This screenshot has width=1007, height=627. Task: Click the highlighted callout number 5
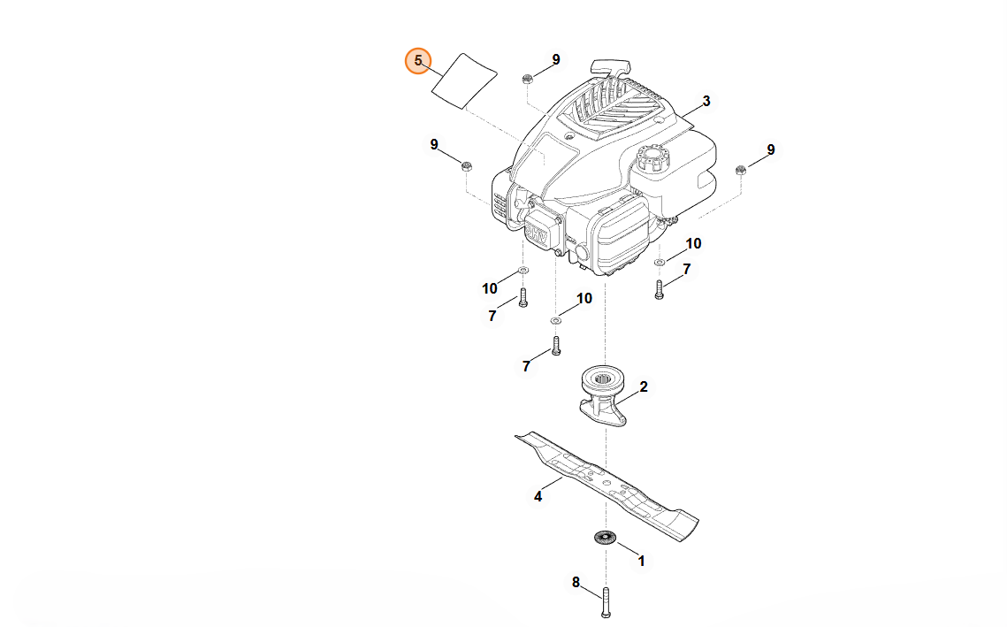[418, 61]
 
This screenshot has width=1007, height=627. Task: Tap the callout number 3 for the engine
[706, 102]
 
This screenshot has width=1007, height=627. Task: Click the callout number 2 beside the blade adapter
[644, 386]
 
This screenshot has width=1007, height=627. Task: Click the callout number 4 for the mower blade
[538, 496]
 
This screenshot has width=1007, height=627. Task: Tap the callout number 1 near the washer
[641, 561]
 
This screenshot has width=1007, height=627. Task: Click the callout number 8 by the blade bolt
[576, 582]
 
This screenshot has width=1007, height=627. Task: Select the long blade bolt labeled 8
[606, 602]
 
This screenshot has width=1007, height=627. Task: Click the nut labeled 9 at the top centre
[527, 78]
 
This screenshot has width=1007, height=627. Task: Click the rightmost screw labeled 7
[659, 288]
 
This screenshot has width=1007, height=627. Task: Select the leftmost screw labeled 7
[523, 296]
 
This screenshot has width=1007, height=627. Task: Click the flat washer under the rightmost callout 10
[660, 262]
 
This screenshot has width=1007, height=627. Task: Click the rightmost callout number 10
[693, 243]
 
